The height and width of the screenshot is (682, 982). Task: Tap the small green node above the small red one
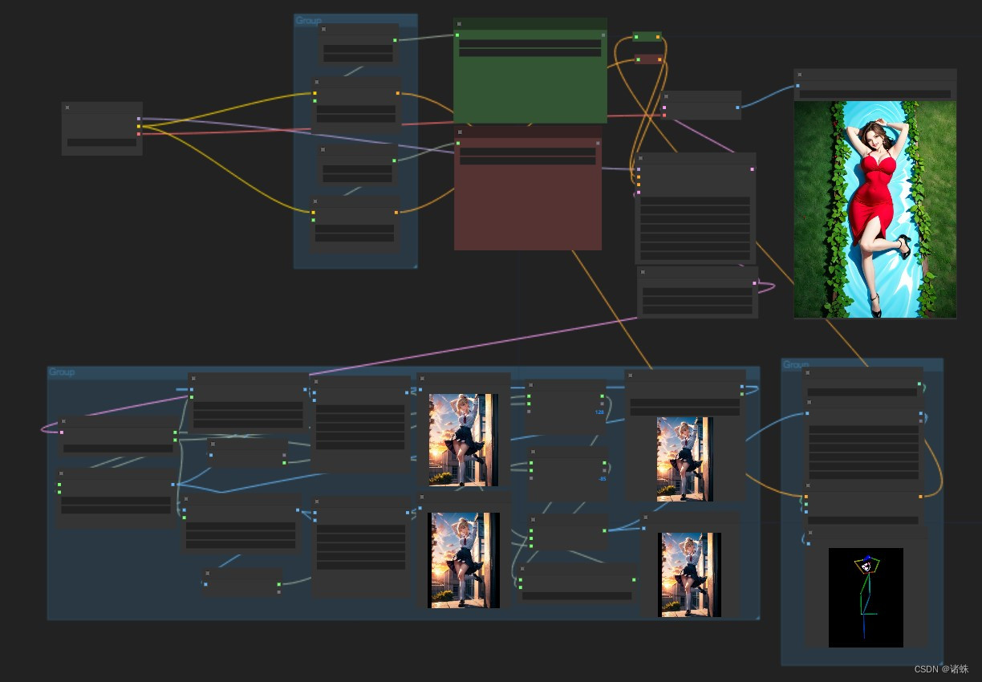point(647,37)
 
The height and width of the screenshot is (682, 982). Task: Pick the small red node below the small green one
point(647,59)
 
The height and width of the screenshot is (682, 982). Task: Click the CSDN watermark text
point(942,669)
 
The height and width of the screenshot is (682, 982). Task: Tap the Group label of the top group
point(308,21)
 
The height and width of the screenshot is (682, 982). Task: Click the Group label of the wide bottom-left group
point(62,372)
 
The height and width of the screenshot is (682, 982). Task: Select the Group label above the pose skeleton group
point(795,365)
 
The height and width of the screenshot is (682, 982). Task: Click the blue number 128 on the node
point(599,412)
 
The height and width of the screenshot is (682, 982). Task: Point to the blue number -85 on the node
point(601,479)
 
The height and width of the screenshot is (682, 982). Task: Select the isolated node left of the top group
point(102,128)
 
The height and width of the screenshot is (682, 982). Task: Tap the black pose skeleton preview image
point(866,598)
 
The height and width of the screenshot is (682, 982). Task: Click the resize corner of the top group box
point(414,265)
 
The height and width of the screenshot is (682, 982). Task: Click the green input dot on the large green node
point(457,35)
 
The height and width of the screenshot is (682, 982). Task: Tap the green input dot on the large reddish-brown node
point(457,144)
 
